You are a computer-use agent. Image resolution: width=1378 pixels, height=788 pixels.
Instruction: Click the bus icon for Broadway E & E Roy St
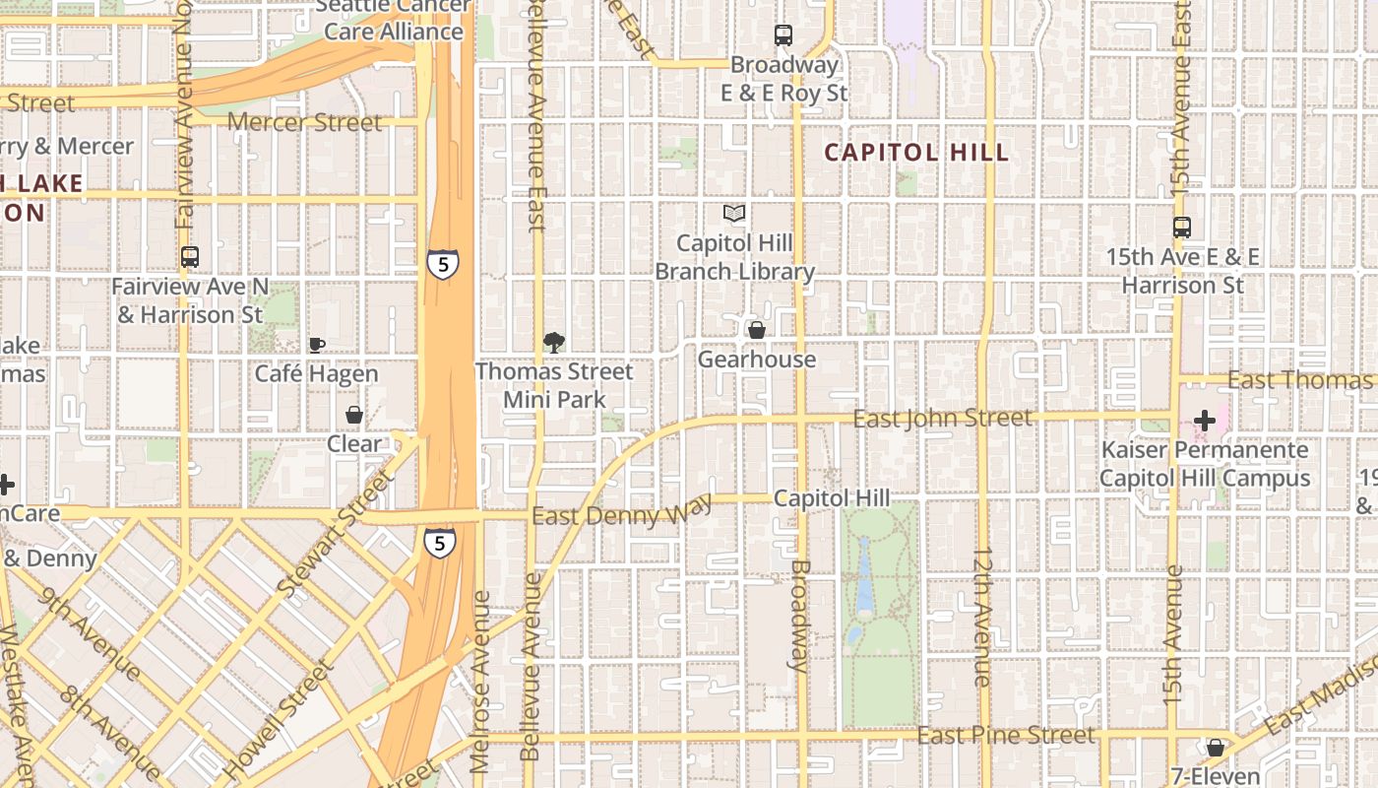[x=783, y=35]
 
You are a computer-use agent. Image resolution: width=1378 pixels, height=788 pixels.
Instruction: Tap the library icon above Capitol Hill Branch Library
[x=734, y=213]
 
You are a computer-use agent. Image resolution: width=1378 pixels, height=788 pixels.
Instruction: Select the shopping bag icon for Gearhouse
[x=757, y=330]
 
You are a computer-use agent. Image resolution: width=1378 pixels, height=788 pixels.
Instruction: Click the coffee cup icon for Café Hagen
[x=316, y=345]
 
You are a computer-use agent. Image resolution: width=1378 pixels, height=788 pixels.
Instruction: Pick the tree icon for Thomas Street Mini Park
[x=554, y=342]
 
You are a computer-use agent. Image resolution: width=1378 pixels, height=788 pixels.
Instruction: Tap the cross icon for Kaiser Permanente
[x=1204, y=421]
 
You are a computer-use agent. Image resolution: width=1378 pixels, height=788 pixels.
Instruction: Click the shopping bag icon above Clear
[x=353, y=415]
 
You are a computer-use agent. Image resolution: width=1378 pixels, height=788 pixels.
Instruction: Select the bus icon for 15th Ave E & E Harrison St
[x=1182, y=228]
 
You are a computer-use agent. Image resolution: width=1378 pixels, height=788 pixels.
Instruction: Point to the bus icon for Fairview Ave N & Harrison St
[x=190, y=257]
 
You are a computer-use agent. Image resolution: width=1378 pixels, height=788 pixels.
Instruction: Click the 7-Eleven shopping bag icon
[x=1216, y=748]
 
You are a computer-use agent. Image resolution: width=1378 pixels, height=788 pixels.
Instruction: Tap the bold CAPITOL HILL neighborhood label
[x=916, y=153]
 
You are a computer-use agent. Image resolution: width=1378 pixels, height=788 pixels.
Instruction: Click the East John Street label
[x=942, y=419]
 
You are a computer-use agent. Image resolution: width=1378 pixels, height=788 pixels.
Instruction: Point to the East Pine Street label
[x=1005, y=736]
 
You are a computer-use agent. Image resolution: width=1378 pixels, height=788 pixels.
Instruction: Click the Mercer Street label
[x=304, y=122]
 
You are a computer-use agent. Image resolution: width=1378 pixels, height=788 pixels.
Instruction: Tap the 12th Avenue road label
[x=982, y=617]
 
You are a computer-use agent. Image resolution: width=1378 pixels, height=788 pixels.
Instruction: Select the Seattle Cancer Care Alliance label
[x=394, y=20]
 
